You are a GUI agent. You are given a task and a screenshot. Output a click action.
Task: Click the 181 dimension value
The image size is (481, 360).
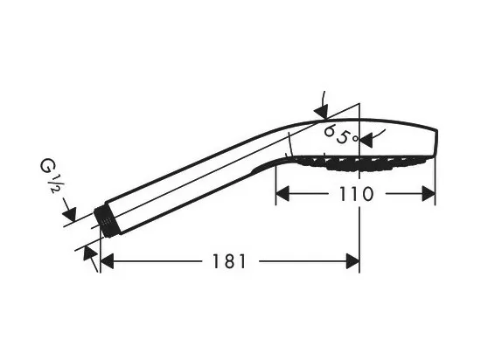[229, 261]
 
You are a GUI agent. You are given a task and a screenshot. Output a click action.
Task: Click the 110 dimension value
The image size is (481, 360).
[357, 194]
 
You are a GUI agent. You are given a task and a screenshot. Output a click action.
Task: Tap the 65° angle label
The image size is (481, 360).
[341, 135]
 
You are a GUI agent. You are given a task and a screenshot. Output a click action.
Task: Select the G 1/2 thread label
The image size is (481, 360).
[49, 177]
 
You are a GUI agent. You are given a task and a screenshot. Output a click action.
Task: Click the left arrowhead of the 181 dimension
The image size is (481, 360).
[107, 261]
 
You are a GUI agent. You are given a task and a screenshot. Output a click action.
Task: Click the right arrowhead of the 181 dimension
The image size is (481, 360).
[352, 261]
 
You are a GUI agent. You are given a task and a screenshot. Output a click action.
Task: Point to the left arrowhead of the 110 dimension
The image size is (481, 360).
[282, 194]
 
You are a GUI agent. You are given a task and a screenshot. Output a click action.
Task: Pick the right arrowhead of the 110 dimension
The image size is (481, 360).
[429, 194]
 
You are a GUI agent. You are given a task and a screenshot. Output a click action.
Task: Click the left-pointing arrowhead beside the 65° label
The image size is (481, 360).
[366, 141]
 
